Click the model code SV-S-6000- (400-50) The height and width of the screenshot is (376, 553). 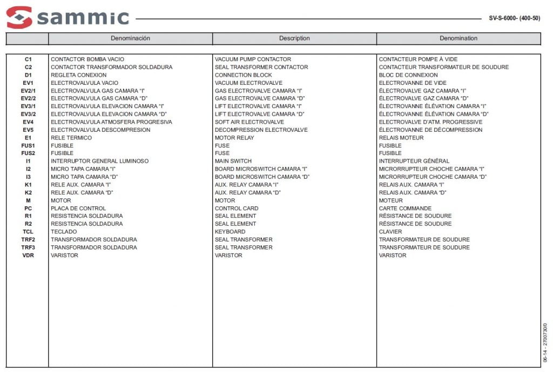point(514,18)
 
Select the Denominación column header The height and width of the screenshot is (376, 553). point(130,38)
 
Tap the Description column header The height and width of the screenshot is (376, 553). point(294,38)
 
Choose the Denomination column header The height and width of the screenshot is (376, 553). point(458,38)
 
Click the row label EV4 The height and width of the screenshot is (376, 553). point(28,122)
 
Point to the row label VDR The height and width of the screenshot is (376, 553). point(28,255)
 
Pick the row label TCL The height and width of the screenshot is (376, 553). point(28,232)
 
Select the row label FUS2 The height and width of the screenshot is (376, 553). point(28,153)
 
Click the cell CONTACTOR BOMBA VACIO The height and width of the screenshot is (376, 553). point(87,59)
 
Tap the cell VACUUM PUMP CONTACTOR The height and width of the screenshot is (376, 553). point(253,59)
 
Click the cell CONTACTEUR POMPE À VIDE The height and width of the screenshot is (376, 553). point(419,59)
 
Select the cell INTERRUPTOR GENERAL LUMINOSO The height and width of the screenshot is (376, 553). point(99,161)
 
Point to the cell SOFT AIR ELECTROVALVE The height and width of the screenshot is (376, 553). point(249,122)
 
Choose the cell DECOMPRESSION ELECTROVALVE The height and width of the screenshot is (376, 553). point(261,130)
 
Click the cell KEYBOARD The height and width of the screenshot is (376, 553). point(230,232)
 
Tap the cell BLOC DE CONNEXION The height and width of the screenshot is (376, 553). point(408,75)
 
